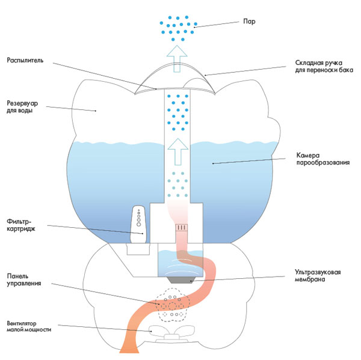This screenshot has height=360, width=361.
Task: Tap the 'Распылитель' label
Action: click(x=25, y=61)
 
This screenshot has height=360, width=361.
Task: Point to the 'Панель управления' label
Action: click(x=24, y=279)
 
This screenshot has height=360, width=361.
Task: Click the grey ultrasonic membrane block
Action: click(x=179, y=278)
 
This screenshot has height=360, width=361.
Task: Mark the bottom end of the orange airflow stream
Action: click(x=129, y=350)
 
